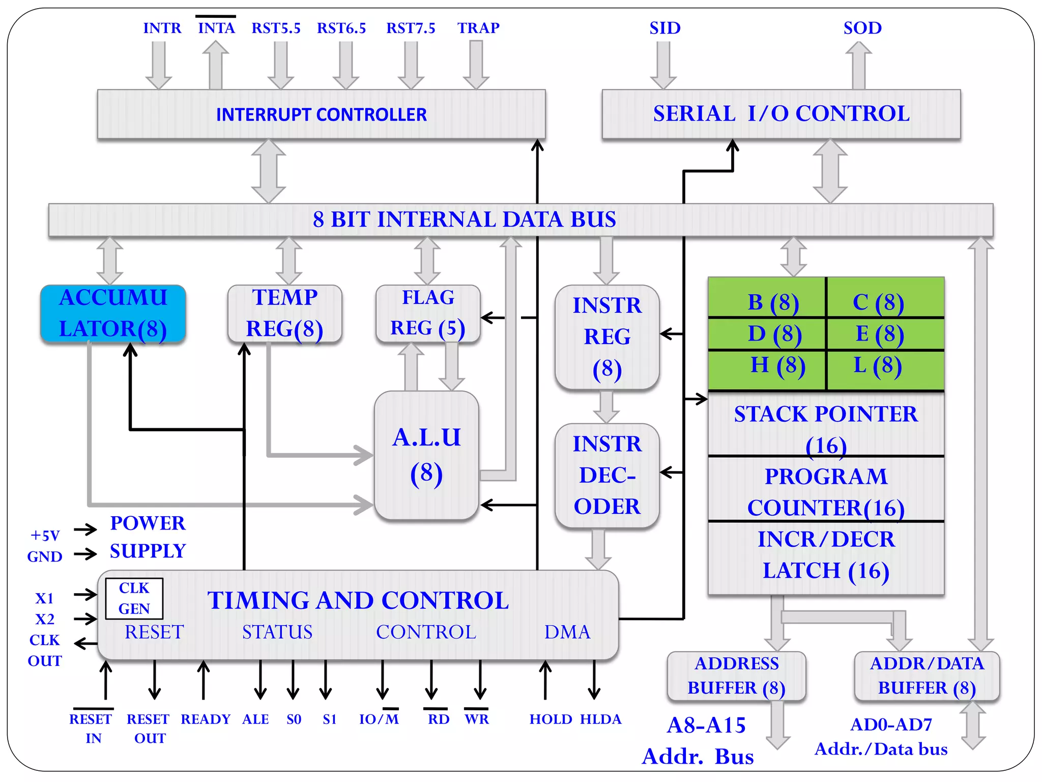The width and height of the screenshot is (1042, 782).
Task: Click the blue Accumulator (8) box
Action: [x=113, y=313]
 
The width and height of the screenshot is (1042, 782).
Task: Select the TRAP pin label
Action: [x=478, y=27]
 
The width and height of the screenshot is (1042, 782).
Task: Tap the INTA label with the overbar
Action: [x=216, y=27]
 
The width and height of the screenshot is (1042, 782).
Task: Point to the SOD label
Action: [x=862, y=27]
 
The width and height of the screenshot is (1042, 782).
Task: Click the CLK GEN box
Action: [x=134, y=598]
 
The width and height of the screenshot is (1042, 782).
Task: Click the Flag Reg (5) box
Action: [x=427, y=313]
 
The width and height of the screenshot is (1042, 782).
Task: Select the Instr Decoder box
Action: [x=607, y=475]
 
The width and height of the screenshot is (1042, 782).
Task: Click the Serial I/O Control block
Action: [x=781, y=114]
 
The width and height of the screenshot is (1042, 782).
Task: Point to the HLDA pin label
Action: [x=600, y=719]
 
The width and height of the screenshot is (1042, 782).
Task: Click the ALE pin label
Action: [x=255, y=719]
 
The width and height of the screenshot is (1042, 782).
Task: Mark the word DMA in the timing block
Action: [x=567, y=632]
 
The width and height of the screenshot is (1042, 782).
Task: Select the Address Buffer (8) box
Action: [x=736, y=676]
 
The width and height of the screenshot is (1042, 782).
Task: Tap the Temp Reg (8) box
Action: [x=284, y=313]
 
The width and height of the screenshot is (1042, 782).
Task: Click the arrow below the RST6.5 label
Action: [x=345, y=65]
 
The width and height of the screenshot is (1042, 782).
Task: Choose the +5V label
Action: [x=45, y=536]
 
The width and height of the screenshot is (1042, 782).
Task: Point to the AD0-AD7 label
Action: [x=891, y=724]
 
